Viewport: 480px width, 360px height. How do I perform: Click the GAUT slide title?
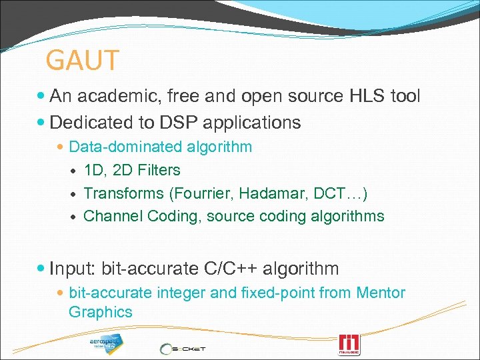pyautogui.click(x=82, y=60)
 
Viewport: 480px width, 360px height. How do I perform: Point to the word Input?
pyautogui.click(x=73, y=269)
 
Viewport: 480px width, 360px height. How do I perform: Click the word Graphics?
pyautogui.click(x=100, y=312)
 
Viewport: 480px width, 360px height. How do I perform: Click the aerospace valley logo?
pyautogui.click(x=107, y=344)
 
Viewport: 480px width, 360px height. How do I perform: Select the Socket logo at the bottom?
pyautogui.click(x=183, y=348)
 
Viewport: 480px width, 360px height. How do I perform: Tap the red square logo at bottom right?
pyautogui.click(x=349, y=344)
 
